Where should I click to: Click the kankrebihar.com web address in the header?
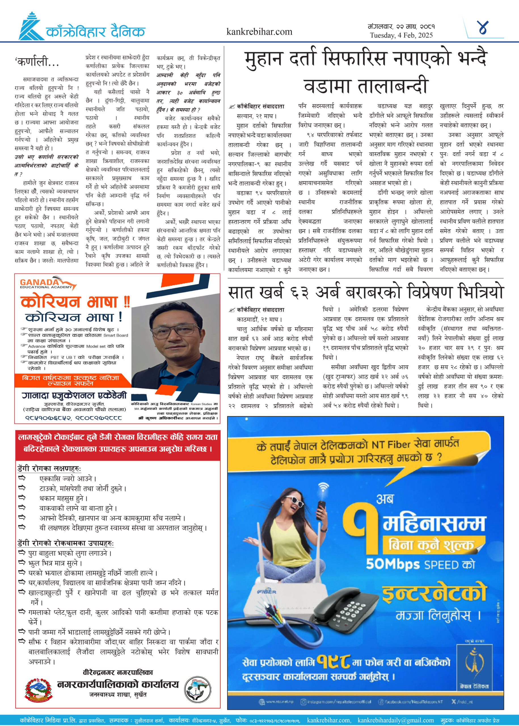point(259,32)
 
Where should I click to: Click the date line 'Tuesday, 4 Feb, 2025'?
point(401,35)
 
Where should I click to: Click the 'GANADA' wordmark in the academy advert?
point(39,282)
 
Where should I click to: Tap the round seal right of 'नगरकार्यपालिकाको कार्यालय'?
point(198,689)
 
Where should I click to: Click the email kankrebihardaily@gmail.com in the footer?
point(396,720)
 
